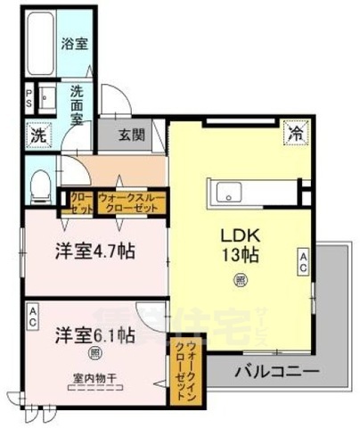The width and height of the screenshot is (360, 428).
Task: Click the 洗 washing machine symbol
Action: click(x=37, y=136)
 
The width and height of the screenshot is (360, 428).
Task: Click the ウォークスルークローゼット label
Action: click(x=128, y=202)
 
